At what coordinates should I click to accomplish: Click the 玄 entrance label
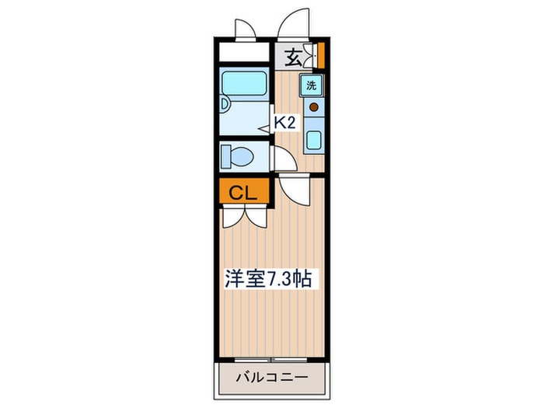(293, 56)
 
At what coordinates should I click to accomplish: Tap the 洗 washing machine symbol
(312, 85)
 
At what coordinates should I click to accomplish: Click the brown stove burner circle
(314, 107)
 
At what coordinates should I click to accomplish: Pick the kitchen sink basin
(314, 140)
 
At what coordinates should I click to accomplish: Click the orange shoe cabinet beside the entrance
(320, 57)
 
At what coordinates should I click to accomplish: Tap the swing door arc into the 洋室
(292, 190)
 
